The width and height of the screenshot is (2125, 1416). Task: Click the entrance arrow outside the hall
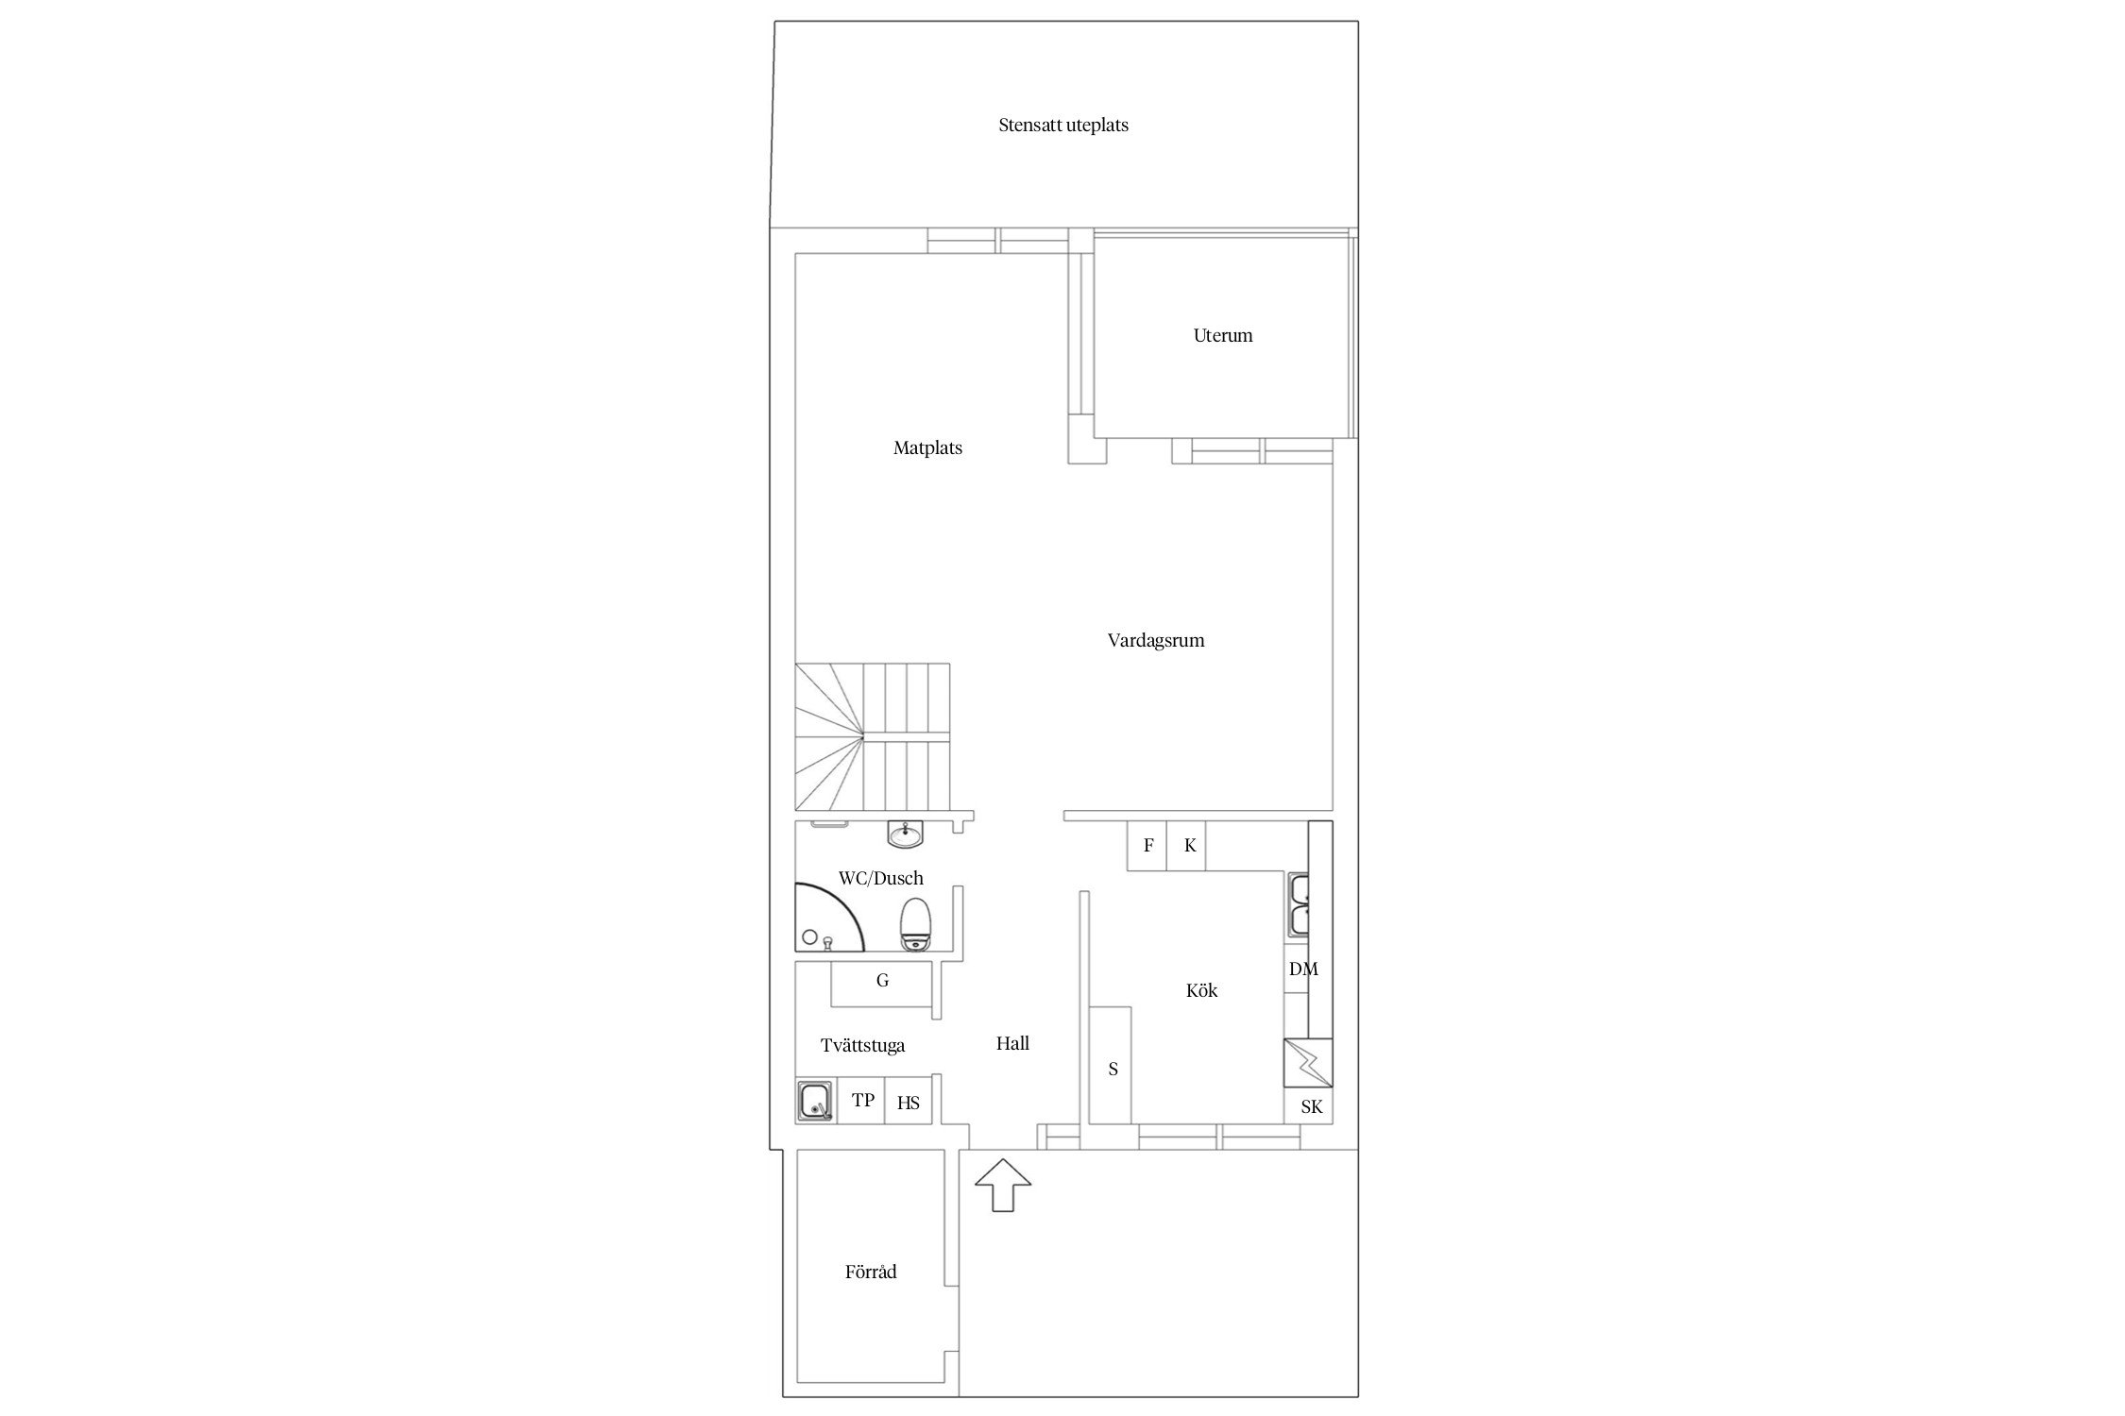[1002, 1185]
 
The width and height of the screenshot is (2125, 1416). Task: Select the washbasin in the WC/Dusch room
[905, 834]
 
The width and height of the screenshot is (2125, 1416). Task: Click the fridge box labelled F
[1147, 846]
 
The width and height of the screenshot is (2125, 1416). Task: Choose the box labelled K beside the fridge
[1187, 846]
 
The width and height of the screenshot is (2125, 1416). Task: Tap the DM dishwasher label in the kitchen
[1303, 969]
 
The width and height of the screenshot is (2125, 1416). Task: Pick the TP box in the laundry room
[862, 1101]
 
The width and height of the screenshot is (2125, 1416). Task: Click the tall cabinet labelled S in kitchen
[1112, 1066]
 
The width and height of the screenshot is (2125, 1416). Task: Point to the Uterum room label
[1223, 335]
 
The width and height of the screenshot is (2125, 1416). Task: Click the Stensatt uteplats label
[1063, 125]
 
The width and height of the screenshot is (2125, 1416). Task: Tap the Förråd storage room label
[871, 1272]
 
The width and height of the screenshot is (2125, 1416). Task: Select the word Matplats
[927, 447]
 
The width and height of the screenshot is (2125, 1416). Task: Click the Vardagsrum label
[1156, 640]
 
